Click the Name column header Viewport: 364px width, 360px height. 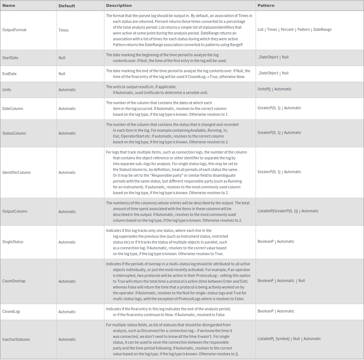pos(9,6)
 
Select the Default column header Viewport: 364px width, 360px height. pos(67,6)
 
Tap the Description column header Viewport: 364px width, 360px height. pos(119,6)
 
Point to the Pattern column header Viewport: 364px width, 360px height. pos(266,6)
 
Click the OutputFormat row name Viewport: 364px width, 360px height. pos(15,30)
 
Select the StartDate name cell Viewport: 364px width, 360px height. pos(10,58)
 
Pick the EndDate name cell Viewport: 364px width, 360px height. pos(9,74)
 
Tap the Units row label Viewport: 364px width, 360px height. pos(7,90)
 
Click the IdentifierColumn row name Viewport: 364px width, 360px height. pos(16,172)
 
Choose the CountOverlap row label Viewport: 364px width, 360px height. pos(14,281)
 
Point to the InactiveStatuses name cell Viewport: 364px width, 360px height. pos(16,339)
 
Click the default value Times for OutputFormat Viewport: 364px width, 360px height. pos(63,30)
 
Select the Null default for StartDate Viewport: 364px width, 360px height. pos(62,58)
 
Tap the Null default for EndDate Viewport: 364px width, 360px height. pos(62,74)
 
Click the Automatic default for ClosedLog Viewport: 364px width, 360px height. pos(67,312)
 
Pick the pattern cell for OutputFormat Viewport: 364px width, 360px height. pos(294,30)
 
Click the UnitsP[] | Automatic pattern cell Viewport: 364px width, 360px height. pos(274,89)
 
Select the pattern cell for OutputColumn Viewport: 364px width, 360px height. pos(288,211)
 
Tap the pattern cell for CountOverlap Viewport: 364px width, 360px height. pos(281,281)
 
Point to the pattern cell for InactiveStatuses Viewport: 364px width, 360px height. pos(289,339)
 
